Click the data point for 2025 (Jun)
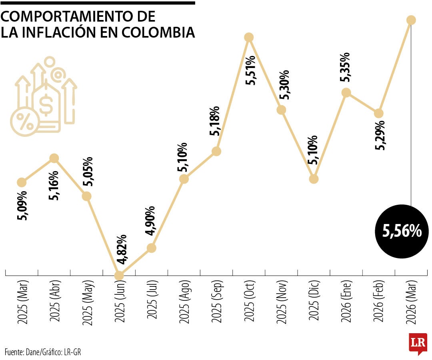[x=119, y=276]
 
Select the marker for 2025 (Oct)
[x=249, y=37]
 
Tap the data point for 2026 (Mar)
[x=411, y=20]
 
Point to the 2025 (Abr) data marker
[x=54, y=158]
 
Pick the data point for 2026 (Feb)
[x=379, y=113]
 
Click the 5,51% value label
[x=251, y=70]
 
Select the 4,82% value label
[x=122, y=249]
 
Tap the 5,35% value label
[x=345, y=67]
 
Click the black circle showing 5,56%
[x=402, y=231]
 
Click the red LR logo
[x=417, y=343]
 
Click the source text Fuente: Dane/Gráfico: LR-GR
[x=46, y=352]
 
